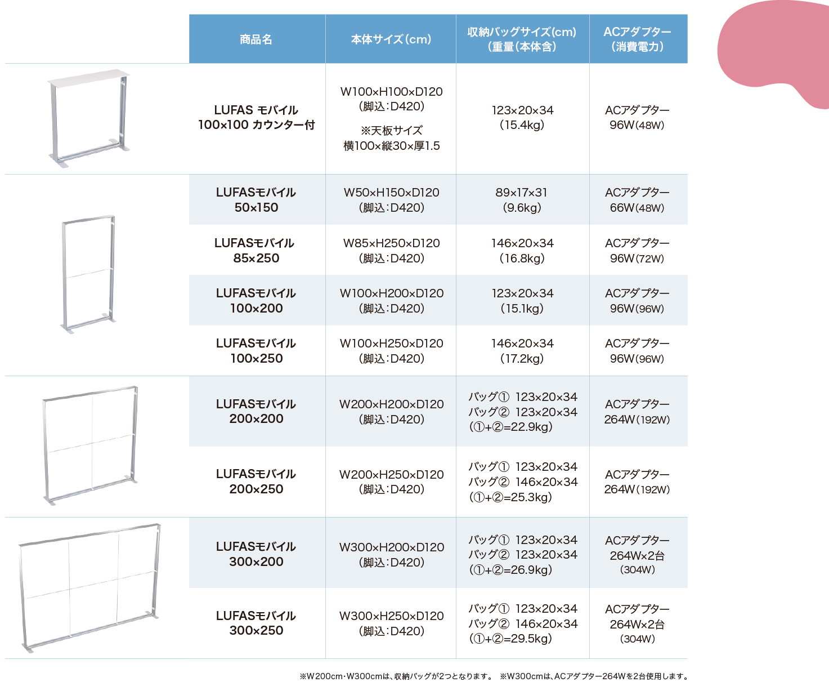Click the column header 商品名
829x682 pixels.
[256, 39]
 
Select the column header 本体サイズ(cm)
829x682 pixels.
[391, 39]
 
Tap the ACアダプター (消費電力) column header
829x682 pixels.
[637, 39]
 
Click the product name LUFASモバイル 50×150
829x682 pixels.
[256, 200]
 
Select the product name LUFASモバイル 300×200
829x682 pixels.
[256, 554]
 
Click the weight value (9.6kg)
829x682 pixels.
[522, 208]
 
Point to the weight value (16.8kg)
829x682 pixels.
[522, 258]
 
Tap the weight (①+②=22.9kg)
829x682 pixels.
[510, 427]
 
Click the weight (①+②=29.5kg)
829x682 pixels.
[510, 638]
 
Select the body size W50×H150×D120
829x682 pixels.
[392, 193]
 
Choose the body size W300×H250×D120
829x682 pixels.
[392, 616]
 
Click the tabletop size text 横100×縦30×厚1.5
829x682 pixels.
[392, 146]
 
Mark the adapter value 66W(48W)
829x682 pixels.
[637, 208]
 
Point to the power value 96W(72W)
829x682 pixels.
[637, 258]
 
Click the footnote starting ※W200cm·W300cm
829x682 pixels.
[396, 676]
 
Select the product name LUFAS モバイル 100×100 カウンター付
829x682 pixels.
[256, 117]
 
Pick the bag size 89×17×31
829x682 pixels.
[522, 193]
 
